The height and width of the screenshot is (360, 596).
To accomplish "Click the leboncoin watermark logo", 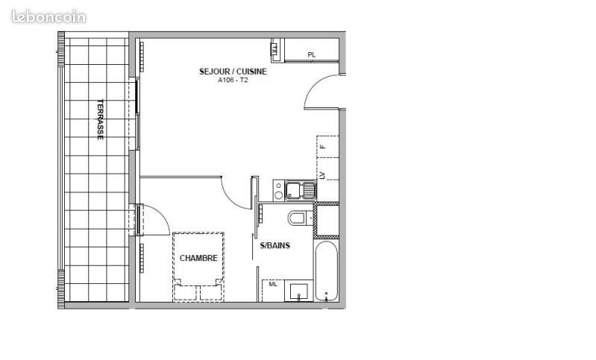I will click(48, 16).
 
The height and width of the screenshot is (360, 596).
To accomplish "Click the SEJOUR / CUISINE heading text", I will click(233, 72).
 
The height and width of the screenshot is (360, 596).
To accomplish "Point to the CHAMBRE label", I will click(198, 259).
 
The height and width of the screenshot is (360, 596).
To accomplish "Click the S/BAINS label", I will click(275, 245).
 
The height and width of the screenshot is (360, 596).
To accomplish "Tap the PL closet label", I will click(312, 54).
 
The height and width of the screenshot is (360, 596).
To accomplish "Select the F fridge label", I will click(324, 147).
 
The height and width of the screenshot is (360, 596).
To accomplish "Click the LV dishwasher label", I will click(324, 175).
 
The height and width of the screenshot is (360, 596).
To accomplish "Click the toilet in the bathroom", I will click(298, 218).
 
